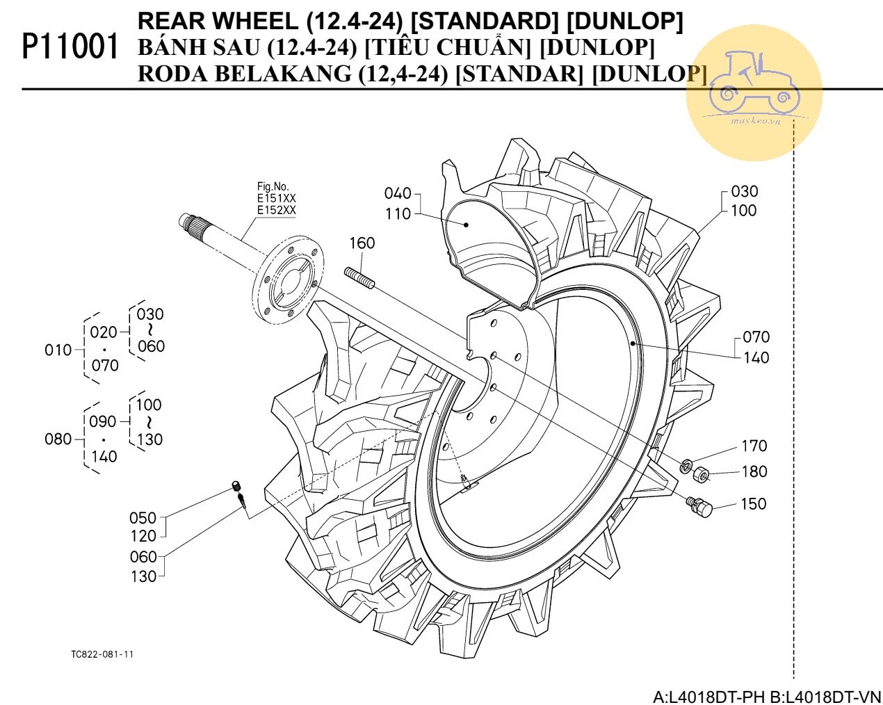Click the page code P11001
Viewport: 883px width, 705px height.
click(x=70, y=47)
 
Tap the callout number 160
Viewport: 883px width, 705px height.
click(x=362, y=243)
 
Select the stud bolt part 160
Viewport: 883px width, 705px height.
click(x=360, y=278)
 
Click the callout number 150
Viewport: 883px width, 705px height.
click(x=754, y=503)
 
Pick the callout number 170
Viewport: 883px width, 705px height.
click(x=754, y=446)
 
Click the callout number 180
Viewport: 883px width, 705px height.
click(x=754, y=471)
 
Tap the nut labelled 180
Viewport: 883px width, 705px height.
click(x=702, y=476)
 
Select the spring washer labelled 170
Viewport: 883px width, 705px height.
click(x=686, y=465)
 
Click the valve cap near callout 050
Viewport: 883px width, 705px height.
click(x=236, y=486)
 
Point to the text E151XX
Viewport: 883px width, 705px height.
click(x=276, y=198)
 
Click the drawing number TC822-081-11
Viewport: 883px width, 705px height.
click(x=102, y=654)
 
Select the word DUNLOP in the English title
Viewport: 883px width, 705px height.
click(x=625, y=22)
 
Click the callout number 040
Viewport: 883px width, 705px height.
click(x=398, y=193)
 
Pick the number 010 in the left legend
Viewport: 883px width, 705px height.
click(x=58, y=350)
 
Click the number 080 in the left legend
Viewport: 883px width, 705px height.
click(x=58, y=439)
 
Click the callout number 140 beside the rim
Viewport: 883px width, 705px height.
click(x=756, y=357)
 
